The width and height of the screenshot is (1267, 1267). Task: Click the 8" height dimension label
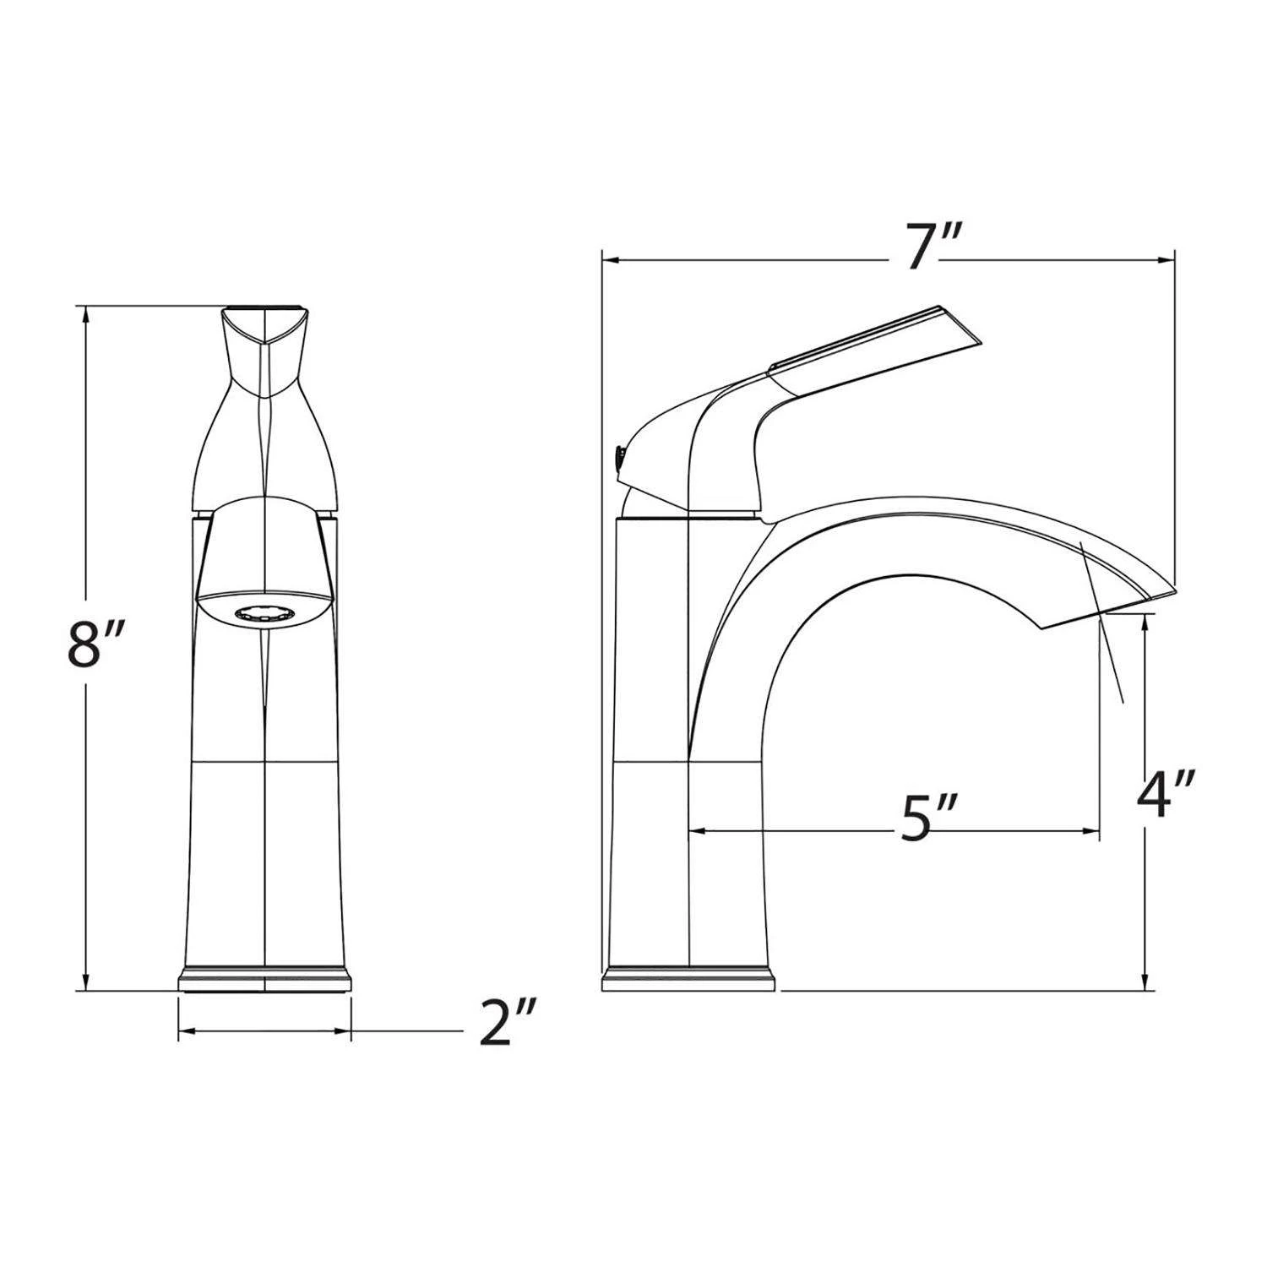(x=95, y=649)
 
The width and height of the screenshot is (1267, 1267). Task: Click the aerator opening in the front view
(x=264, y=615)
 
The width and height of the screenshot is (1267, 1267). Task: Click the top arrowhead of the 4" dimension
(x=1145, y=621)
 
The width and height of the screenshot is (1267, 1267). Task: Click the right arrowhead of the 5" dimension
(x=1093, y=832)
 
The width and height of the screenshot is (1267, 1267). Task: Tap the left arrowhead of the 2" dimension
(x=184, y=1030)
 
